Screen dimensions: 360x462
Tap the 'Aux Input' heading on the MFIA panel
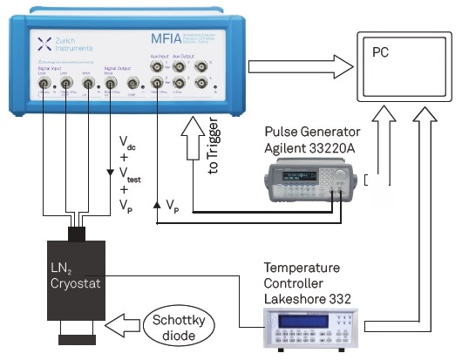point(166,65)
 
